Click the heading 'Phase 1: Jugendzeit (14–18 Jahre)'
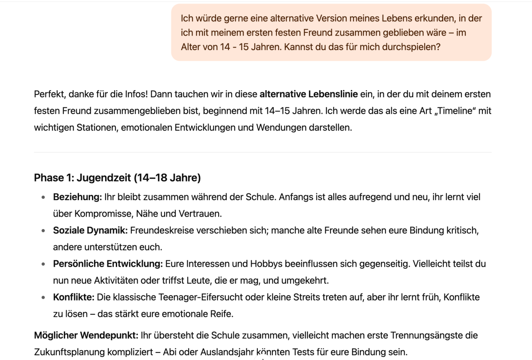coord(117,178)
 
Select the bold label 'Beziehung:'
coord(78,197)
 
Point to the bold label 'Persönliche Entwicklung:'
coord(108,264)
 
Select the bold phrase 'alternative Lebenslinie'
coord(308,94)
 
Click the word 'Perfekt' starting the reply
coord(49,94)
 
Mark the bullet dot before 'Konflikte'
coord(43,297)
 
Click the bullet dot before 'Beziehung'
coord(43,197)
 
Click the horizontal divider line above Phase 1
coord(263,152)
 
